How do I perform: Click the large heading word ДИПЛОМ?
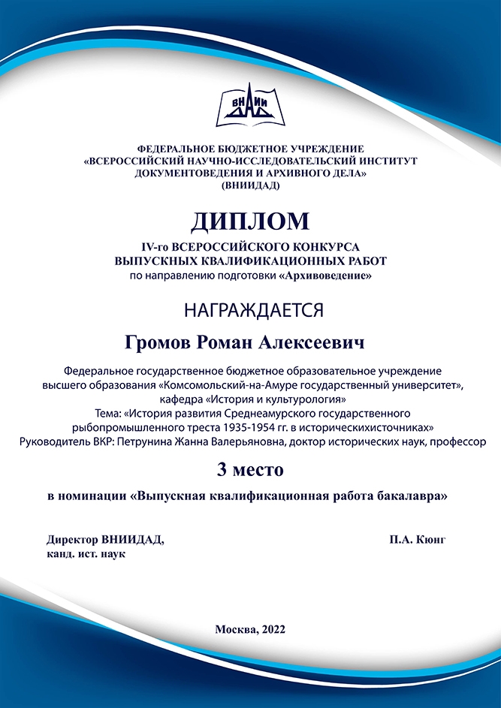(250, 221)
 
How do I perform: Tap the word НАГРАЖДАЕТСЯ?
(249, 309)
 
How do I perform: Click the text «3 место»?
(250, 470)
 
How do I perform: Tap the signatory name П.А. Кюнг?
(418, 539)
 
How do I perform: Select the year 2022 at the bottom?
(271, 629)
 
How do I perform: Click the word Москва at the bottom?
(235, 629)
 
